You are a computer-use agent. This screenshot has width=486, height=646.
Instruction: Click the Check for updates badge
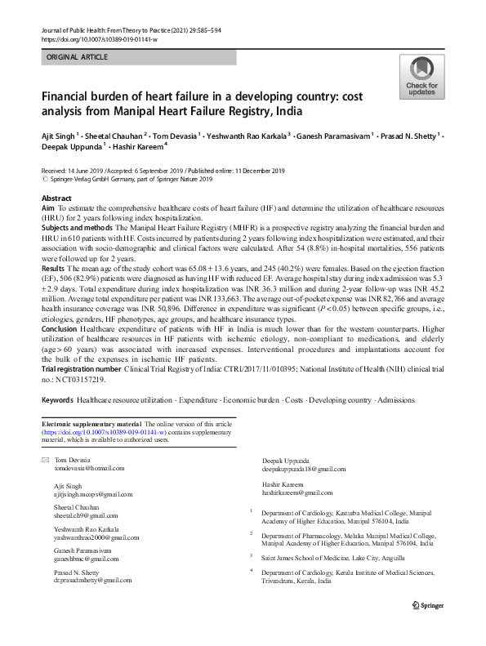421,78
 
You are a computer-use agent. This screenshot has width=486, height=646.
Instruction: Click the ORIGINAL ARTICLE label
77,57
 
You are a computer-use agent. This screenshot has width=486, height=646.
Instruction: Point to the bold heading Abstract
56,199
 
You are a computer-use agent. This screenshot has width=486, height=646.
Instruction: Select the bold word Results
53,268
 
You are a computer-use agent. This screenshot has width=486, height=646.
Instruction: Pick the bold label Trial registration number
87,369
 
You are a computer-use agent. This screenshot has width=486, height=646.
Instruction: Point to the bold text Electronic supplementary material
92,425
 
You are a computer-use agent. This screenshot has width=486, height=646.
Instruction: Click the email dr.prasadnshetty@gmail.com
92,580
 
